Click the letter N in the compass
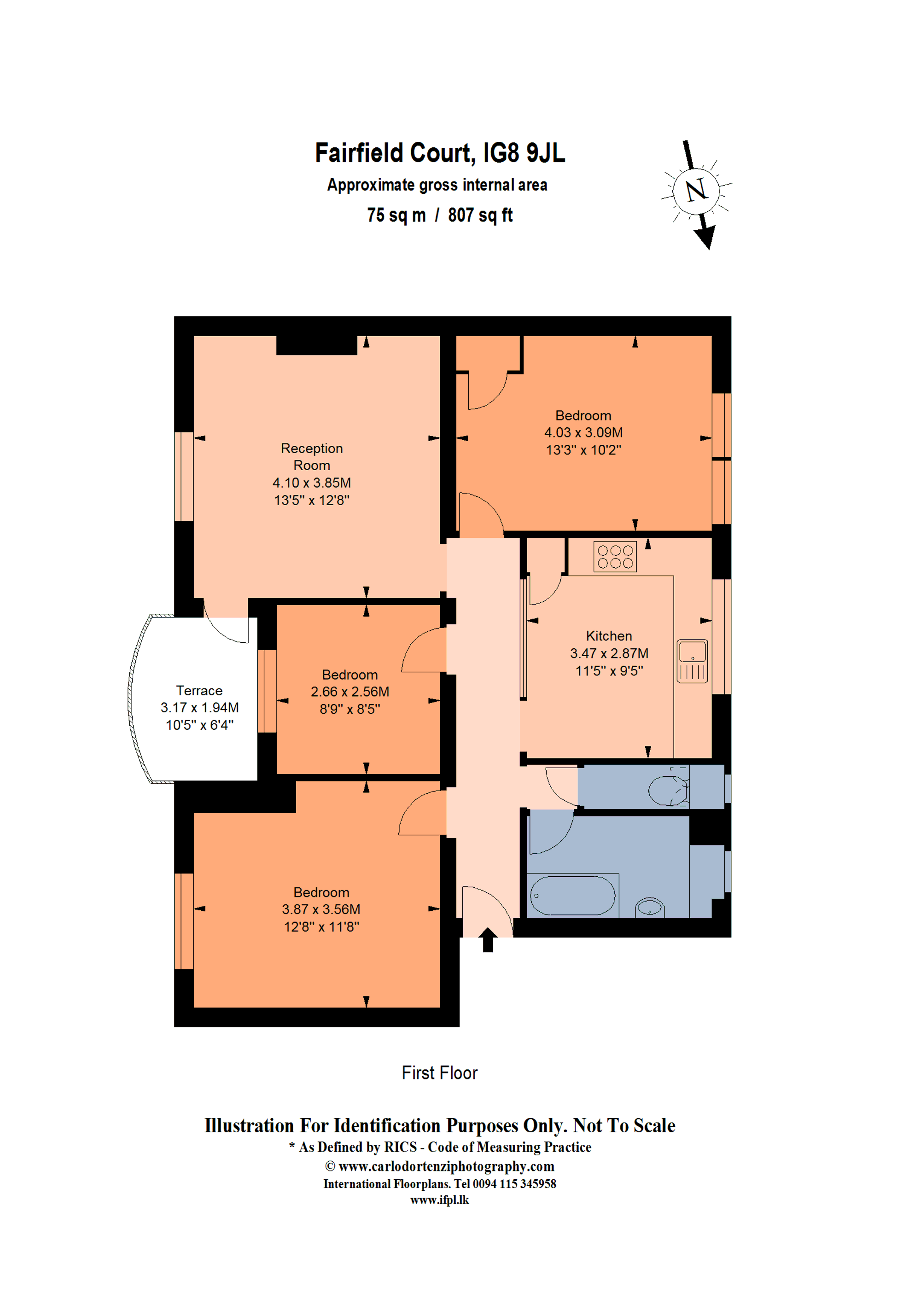tap(696, 191)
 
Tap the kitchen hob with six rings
tap(615, 557)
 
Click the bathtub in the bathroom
tap(572, 896)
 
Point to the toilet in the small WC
tap(668, 791)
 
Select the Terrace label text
tap(199, 691)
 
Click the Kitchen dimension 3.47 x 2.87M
tap(609, 653)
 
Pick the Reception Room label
tap(311, 456)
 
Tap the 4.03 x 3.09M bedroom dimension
tap(583, 433)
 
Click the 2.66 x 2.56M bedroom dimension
tap(350, 692)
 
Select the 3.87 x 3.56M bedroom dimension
tap(321, 909)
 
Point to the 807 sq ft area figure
tap(480, 215)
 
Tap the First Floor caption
tap(439, 1073)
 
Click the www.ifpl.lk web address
tap(439, 1200)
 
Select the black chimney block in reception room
tap(316, 345)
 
